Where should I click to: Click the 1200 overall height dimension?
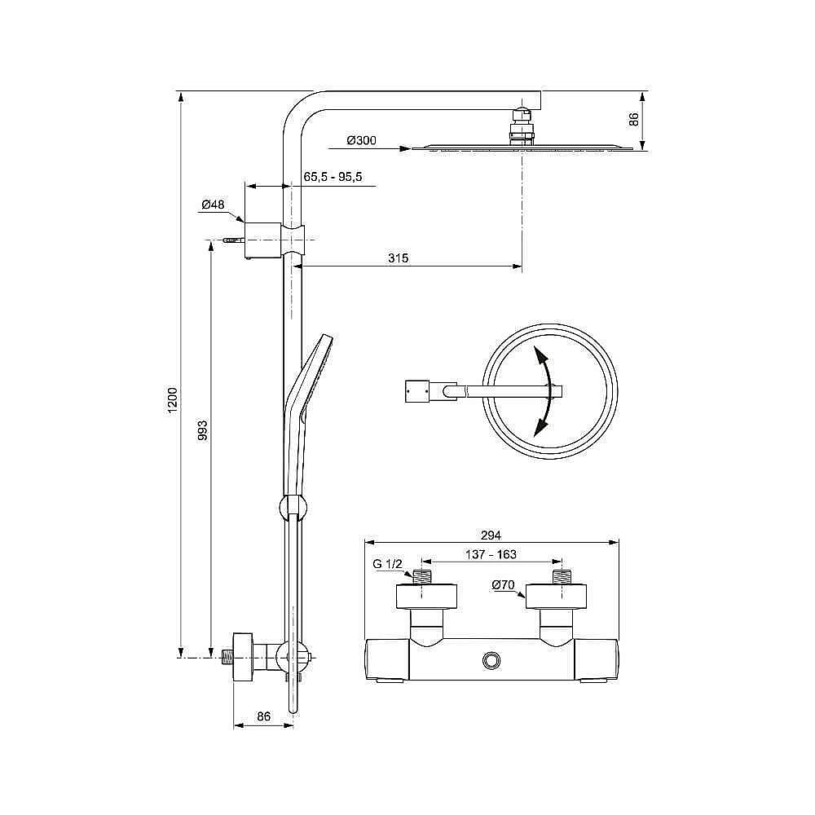[x=173, y=400]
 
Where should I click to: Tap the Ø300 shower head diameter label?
[x=362, y=140]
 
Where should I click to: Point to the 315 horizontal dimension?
[x=399, y=258]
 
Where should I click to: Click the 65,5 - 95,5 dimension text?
[x=333, y=177]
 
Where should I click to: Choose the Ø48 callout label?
[x=213, y=205]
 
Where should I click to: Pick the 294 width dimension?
[x=491, y=535]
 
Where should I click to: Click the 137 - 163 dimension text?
[x=491, y=554]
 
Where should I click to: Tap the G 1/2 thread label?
[x=388, y=564]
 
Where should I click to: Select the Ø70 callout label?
[x=503, y=585]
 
